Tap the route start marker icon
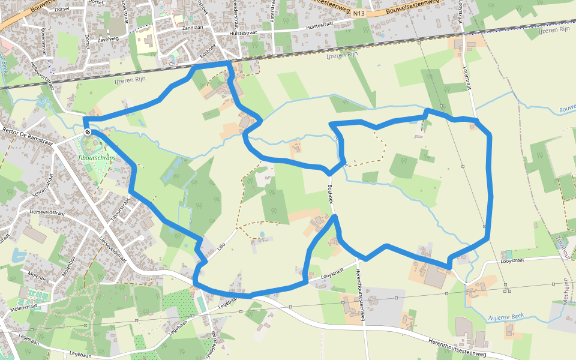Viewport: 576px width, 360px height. [88, 132]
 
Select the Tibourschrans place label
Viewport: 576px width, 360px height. [97, 157]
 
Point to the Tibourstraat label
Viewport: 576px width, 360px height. [120, 208]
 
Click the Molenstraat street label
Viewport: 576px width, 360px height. [24, 308]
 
